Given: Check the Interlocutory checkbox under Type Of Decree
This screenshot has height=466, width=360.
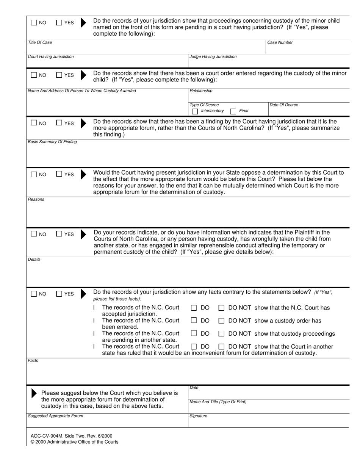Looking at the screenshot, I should coord(195,111).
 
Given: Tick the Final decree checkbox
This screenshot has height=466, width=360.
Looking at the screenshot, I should coord(233,111).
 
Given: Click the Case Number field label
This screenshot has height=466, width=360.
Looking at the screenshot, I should coord(280,42).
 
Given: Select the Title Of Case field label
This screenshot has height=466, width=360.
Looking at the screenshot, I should coord(40,42).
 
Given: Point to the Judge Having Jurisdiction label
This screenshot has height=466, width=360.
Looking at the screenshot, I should coord(213,56).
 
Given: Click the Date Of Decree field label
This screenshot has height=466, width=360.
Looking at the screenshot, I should coord(283,105).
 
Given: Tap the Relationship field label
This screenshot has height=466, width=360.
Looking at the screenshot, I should coord(201,91).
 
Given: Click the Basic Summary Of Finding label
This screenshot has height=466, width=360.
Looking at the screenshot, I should coord(52,142).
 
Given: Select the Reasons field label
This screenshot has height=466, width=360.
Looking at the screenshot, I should coord(36,199).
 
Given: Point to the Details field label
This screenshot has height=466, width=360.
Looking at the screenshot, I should coord(34,260).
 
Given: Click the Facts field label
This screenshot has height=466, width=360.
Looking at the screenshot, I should coord(33,360).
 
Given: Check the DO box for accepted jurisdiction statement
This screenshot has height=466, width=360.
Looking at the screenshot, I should coord(194,308).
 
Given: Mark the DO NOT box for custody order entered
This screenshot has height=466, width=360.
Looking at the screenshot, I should coord(222,321).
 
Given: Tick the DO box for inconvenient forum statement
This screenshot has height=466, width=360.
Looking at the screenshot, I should coord(194,347).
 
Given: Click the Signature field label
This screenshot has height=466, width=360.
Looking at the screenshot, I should coord(198,416).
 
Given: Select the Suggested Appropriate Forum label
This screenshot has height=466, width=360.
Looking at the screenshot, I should coord(55,416).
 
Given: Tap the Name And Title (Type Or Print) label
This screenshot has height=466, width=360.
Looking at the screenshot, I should coord(218,402).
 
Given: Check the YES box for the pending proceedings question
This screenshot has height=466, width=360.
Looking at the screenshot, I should coord(59,23).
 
